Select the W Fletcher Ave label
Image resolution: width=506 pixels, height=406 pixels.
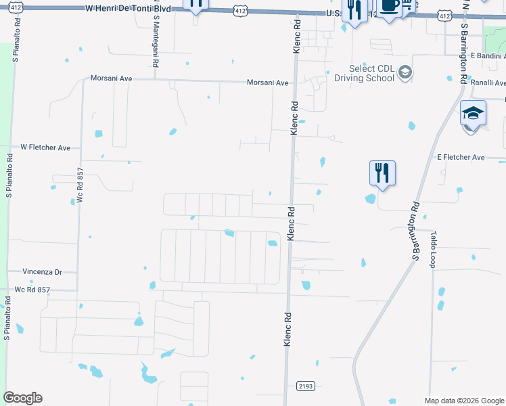click(45, 147)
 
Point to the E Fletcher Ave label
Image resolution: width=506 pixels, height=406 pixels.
click(461, 157)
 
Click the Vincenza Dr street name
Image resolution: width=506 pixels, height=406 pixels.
click(42, 271)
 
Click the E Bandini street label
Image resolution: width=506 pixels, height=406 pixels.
click(488, 55)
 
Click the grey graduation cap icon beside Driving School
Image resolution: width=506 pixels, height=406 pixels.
click(405, 72)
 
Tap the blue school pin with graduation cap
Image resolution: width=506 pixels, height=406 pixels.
click(473, 113)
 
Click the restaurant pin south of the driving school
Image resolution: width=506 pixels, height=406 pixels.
click(382, 173)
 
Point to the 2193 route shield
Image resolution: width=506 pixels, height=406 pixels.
click(306, 386)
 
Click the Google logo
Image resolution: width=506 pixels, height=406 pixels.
click(22, 398)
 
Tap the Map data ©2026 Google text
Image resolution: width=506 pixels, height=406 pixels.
click(463, 401)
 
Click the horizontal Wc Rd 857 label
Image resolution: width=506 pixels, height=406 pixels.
click(32, 290)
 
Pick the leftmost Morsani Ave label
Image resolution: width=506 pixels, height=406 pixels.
click(112, 78)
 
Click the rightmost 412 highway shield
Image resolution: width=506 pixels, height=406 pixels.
click(444, 15)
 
